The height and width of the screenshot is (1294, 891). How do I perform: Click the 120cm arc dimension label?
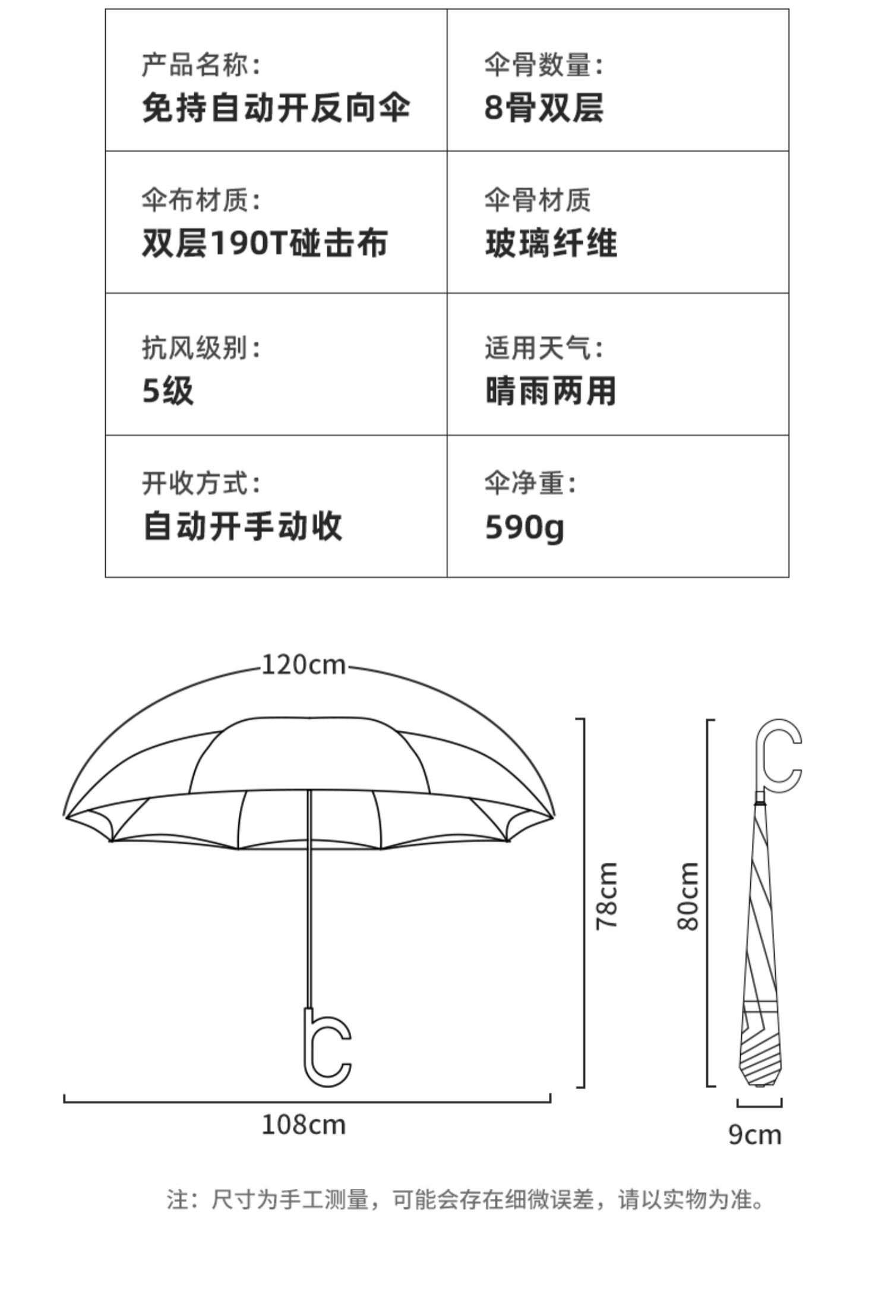(304, 665)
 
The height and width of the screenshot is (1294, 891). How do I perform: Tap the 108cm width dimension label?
(304, 1125)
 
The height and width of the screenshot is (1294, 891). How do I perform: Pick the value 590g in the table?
(525, 527)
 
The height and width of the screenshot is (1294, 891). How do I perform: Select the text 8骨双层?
(544, 108)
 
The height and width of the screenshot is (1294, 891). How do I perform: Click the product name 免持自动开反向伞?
(276, 108)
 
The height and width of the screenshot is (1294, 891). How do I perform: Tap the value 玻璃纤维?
(551, 244)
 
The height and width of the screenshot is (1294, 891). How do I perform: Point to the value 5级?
(168, 391)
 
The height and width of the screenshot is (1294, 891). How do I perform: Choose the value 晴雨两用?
(551, 391)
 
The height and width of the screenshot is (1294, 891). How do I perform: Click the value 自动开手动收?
(243, 526)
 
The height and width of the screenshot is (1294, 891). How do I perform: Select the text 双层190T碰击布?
(265, 244)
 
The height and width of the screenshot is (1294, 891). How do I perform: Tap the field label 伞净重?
(530, 482)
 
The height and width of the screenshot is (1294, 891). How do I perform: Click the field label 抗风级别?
(201, 348)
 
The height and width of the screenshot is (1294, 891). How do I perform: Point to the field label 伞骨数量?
(544, 65)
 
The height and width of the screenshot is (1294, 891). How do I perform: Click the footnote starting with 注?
(465, 1200)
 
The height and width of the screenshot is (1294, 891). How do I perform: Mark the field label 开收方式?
(201, 482)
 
